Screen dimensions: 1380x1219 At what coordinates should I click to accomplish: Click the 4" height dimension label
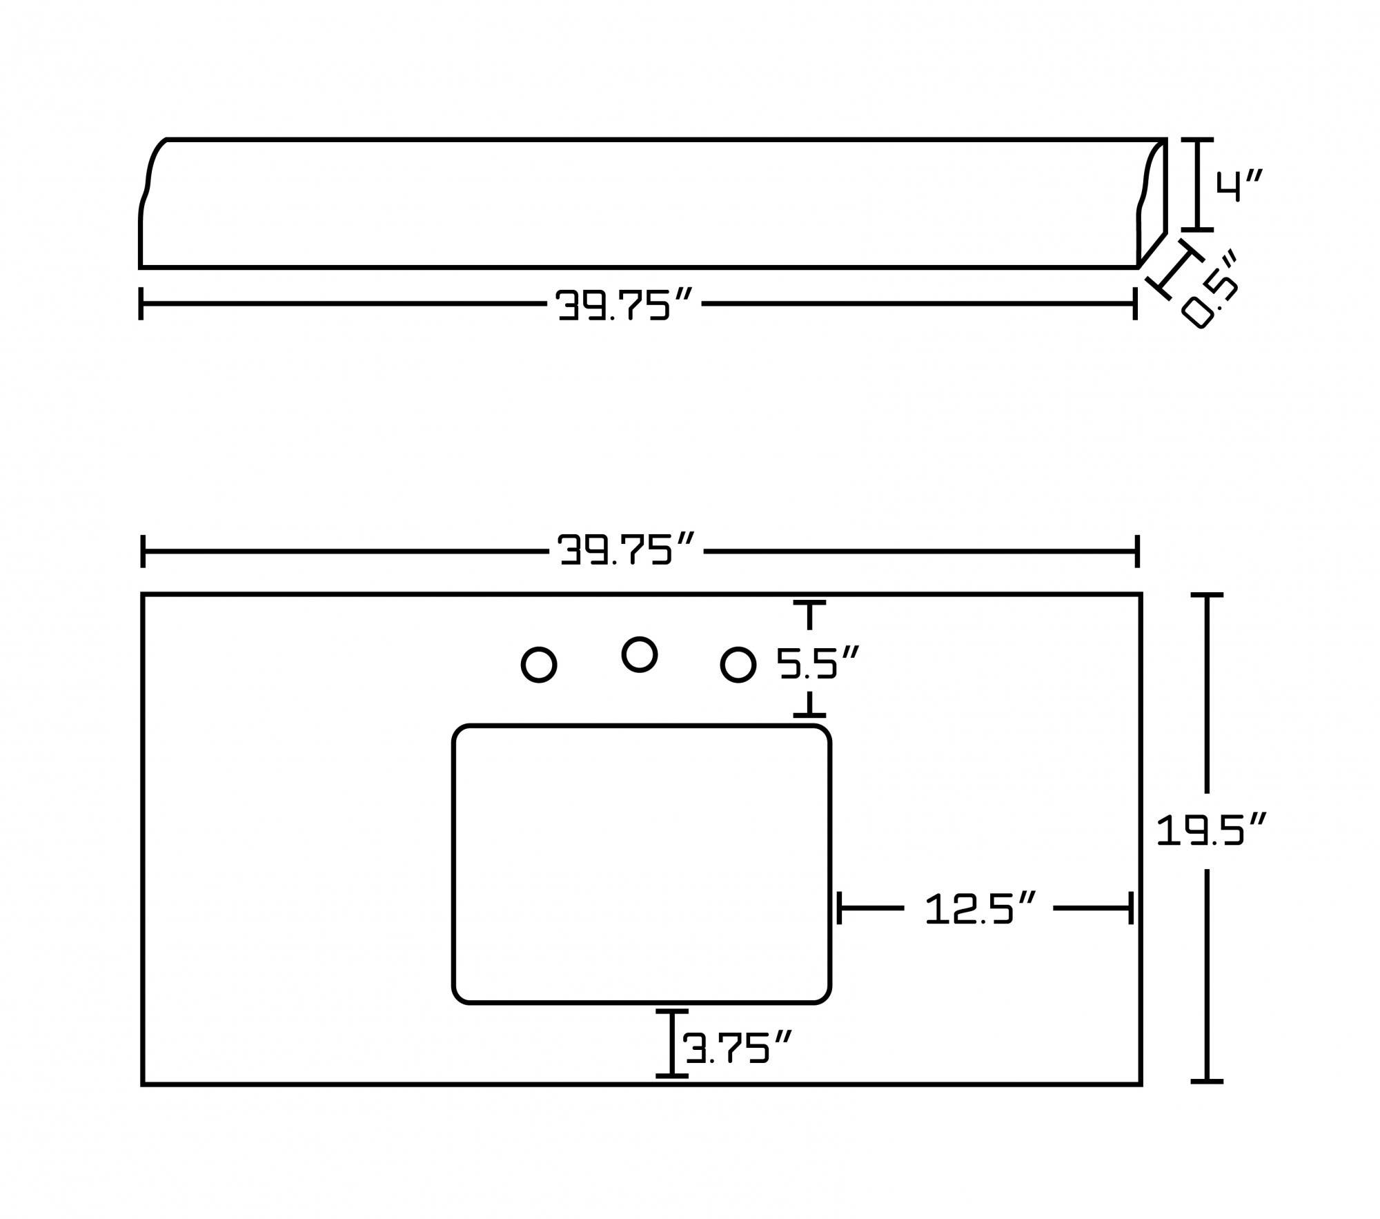tap(1239, 186)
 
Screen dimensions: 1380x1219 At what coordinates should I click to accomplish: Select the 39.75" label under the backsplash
tap(624, 304)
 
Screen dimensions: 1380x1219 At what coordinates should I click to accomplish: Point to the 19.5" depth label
tap(1211, 830)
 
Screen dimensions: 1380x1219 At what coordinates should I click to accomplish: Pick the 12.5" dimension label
tap(980, 908)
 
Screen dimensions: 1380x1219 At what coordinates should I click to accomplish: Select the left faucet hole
tap(539, 665)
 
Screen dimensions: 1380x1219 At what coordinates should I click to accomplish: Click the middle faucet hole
tap(639, 654)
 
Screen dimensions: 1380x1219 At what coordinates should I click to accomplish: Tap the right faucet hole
tap(738, 665)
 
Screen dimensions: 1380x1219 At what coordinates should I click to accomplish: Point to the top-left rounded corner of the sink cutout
tap(461, 733)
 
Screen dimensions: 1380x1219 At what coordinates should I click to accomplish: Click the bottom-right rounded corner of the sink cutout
tap(822, 995)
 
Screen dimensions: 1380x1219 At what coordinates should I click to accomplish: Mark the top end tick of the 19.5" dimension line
tap(1207, 594)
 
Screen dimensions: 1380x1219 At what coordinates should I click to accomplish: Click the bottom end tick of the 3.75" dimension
tap(671, 1075)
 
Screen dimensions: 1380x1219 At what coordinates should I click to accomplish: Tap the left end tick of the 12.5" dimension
tap(839, 908)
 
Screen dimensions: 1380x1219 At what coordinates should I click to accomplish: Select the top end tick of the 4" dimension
tap(1197, 139)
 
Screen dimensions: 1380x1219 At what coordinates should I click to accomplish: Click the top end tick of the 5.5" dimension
tap(809, 603)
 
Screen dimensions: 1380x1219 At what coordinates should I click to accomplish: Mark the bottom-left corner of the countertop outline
tap(143, 1084)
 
